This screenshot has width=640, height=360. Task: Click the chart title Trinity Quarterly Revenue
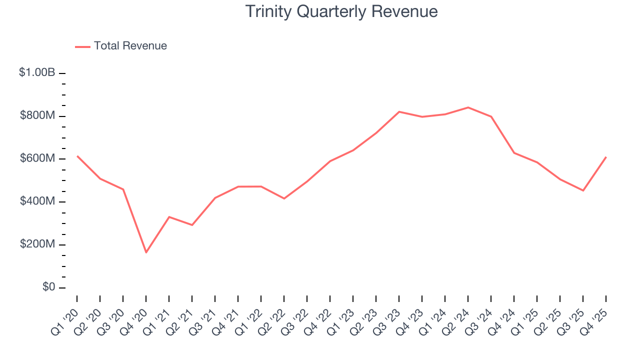pos(341,11)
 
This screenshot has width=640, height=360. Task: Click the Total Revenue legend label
pos(130,46)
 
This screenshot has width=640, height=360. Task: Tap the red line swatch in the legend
pos(82,46)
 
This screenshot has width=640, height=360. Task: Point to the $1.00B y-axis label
pos(37,73)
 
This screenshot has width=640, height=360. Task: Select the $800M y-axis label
pos(37,116)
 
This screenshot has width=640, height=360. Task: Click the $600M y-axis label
pos(37,159)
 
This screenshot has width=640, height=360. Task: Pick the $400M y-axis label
pos(37,201)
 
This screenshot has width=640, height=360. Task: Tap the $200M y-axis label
pos(37,244)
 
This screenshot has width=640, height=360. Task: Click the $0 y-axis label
pos(48,287)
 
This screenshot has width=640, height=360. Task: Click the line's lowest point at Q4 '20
pos(146,252)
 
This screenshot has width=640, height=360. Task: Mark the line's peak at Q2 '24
pos(468,107)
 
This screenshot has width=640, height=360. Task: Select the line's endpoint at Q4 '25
pos(606,157)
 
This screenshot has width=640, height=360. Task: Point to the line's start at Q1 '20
pos(77,156)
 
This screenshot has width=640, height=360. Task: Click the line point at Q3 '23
pos(399,111)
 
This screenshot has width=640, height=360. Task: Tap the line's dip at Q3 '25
pos(583,190)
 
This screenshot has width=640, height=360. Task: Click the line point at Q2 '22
pos(284,198)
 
